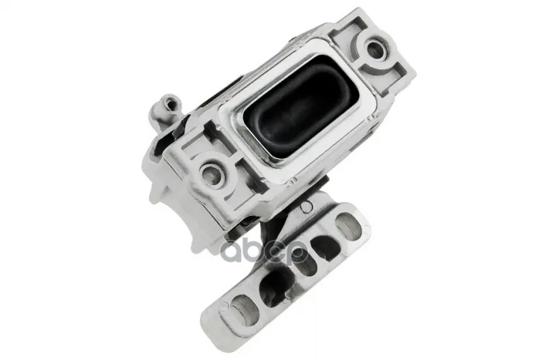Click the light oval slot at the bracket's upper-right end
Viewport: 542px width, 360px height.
point(348,225)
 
